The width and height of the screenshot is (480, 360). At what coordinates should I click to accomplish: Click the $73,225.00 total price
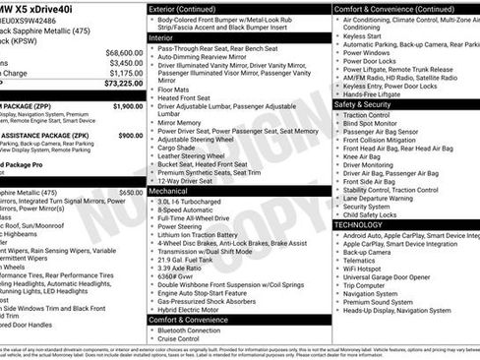[120, 85]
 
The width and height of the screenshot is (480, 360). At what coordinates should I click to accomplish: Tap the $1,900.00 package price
[128, 105]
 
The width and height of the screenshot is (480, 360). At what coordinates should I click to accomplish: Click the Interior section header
[161, 36]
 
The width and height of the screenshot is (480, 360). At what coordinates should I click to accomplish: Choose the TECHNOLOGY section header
[359, 225]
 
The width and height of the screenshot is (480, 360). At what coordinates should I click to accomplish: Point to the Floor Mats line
[173, 89]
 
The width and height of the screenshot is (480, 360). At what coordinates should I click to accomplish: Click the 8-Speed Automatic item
[187, 209]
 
